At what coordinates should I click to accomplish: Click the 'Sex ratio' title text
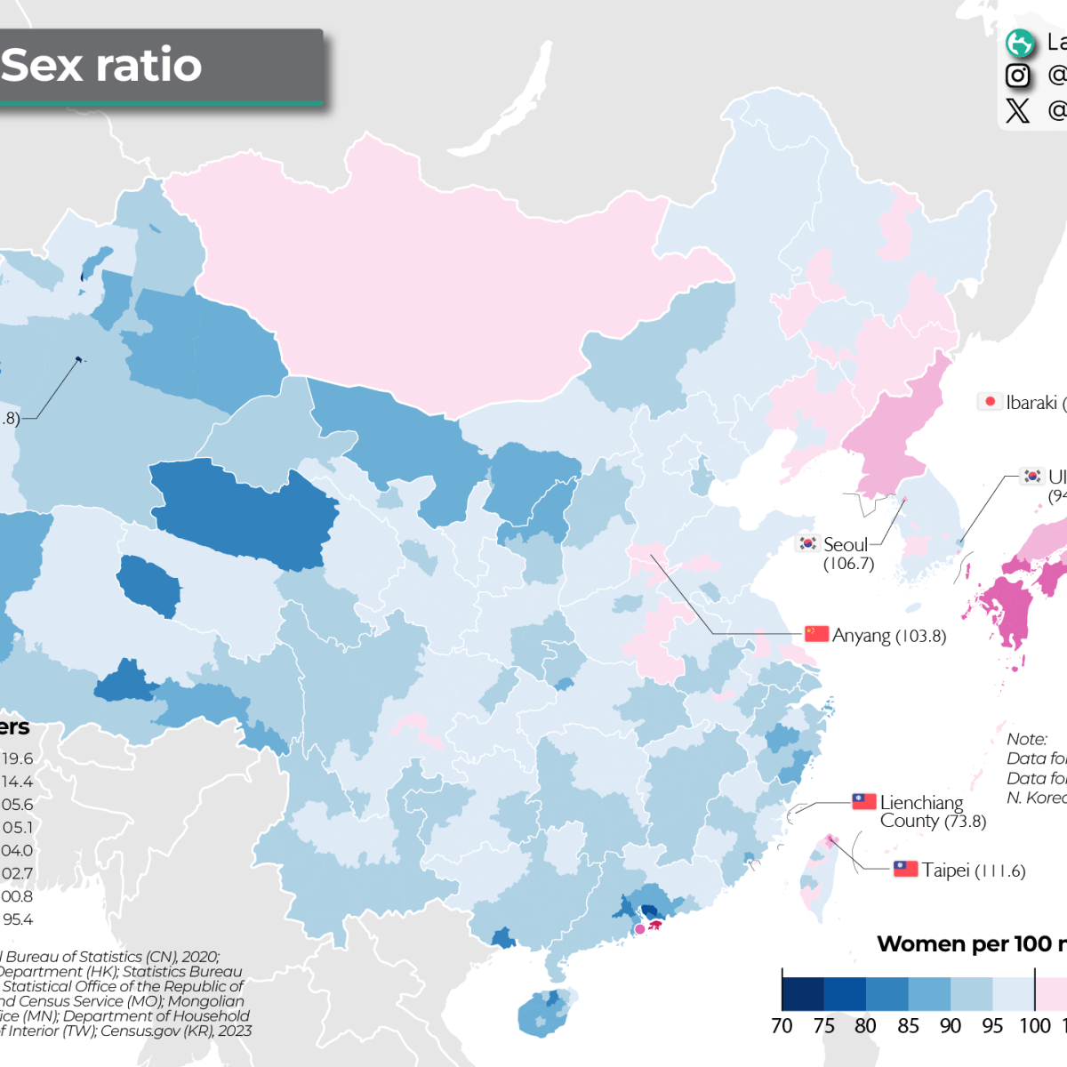101,66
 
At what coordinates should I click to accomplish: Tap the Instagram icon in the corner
1018,76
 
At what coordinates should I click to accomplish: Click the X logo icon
1018,110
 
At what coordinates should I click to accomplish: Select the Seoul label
846,545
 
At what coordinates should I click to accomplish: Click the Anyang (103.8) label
888,636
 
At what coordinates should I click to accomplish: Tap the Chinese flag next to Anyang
816,634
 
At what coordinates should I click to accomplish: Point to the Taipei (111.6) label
973,870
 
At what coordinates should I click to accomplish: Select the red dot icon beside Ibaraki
990,402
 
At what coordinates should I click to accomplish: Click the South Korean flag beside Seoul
807,543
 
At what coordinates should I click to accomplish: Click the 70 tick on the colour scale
782,1026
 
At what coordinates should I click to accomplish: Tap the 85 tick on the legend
908,1026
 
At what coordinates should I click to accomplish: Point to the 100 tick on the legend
1034,1026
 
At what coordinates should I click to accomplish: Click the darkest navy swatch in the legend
803,994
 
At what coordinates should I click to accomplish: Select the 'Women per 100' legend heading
969,944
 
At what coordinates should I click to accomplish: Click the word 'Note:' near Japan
1027,740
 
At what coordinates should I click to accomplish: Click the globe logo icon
1019,43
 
